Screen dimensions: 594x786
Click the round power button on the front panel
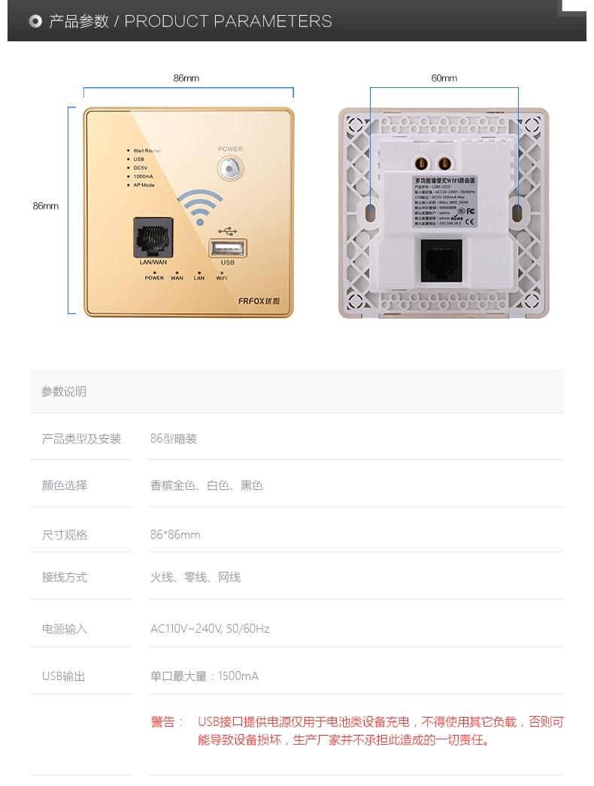[x=231, y=168]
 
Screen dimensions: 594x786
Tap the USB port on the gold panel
[x=228, y=247]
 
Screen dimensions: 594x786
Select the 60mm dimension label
[x=444, y=78]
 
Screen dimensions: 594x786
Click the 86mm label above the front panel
[x=186, y=78]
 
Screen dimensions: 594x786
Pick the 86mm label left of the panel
[x=45, y=206]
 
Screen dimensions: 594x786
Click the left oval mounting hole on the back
[x=371, y=213]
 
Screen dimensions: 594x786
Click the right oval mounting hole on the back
[x=517, y=213]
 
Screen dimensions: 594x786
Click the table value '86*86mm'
[x=175, y=535]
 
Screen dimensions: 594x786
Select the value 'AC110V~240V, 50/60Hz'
[x=210, y=629]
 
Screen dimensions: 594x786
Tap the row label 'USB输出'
[x=64, y=676]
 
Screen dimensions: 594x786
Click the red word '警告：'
[x=167, y=722]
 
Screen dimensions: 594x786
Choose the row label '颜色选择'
[x=65, y=485]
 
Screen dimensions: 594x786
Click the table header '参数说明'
[x=64, y=391]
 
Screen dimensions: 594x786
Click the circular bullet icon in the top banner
[x=35, y=21]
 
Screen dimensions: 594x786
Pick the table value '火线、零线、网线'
[x=195, y=577]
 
